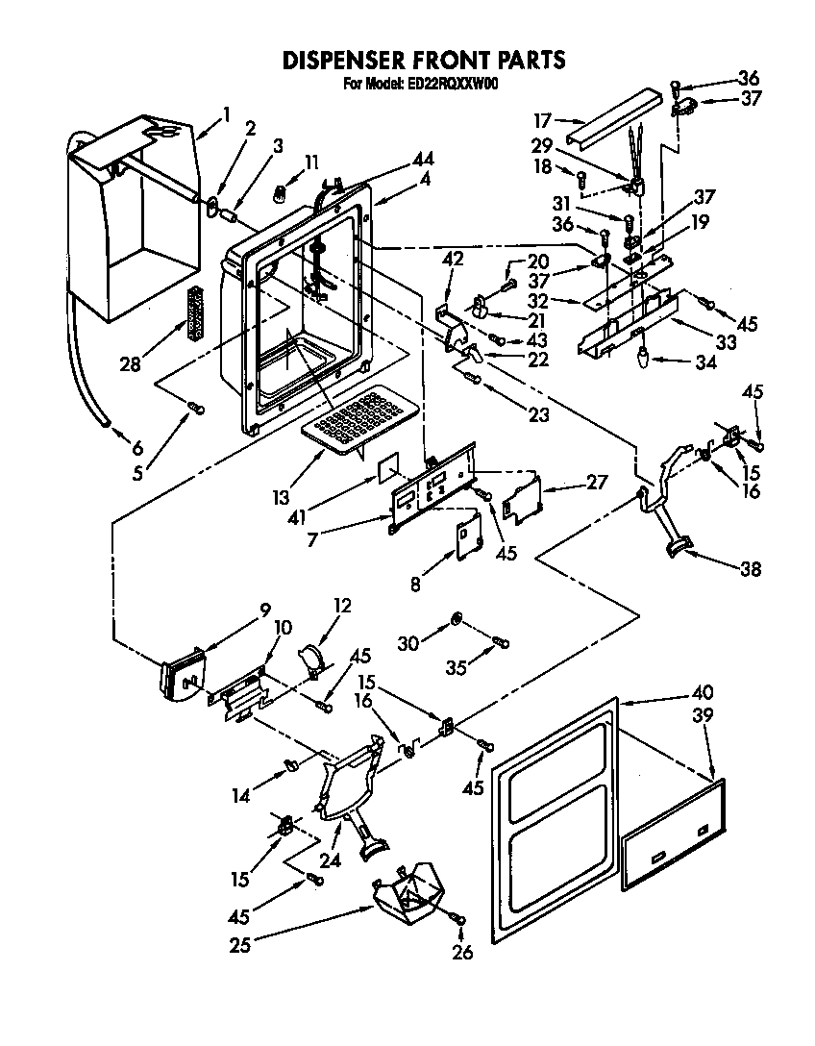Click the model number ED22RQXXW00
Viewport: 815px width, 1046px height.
(x=450, y=84)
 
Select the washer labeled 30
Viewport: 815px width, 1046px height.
(x=457, y=616)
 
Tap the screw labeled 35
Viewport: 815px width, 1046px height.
(x=501, y=642)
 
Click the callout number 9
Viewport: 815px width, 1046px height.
(x=265, y=609)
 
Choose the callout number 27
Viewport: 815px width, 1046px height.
(x=597, y=483)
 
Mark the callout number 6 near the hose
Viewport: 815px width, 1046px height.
(x=136, y=447)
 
